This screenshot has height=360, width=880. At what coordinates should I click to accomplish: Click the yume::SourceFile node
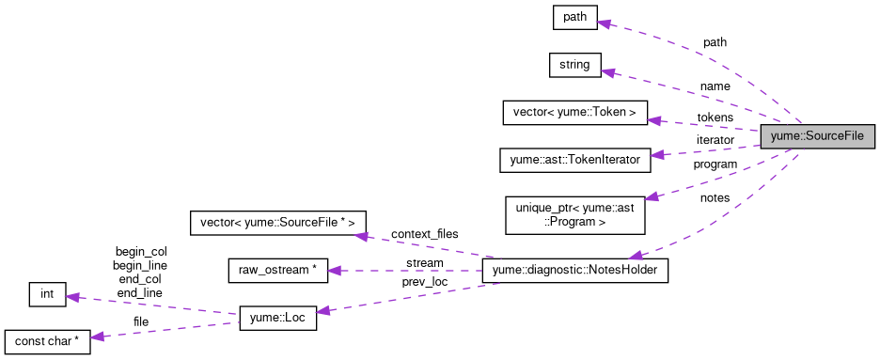(817, 136)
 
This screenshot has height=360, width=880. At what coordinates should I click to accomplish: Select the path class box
(574, 17)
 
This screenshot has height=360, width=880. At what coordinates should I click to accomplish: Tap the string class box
(574, 65)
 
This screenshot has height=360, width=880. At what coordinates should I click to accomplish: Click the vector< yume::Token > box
(574, 113)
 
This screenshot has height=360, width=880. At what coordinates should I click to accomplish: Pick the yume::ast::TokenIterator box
(574, 160)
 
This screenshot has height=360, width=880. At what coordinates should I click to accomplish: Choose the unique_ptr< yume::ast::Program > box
(574, 214)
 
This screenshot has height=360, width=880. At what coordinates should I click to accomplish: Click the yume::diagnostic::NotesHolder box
(574, 271)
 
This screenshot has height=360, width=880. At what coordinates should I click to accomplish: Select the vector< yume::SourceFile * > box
(279, 223)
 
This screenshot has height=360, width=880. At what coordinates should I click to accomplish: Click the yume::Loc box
(278, 319)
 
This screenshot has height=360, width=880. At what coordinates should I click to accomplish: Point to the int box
(46, 294)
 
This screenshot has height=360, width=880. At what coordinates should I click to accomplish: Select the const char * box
(46, 342)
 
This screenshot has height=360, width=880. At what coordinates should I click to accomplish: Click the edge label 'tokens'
(715, 117)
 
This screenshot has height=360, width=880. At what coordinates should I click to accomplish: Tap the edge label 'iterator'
(715, 140)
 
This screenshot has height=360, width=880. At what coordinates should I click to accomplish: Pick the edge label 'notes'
(715, 197)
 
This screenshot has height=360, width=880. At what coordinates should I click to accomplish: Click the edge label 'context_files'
(423, 232)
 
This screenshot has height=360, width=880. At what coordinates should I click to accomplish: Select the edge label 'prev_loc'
(424, 281)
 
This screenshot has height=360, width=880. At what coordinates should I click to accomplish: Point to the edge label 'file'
(141, 322)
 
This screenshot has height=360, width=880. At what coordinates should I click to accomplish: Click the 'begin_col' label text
(139, 252)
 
